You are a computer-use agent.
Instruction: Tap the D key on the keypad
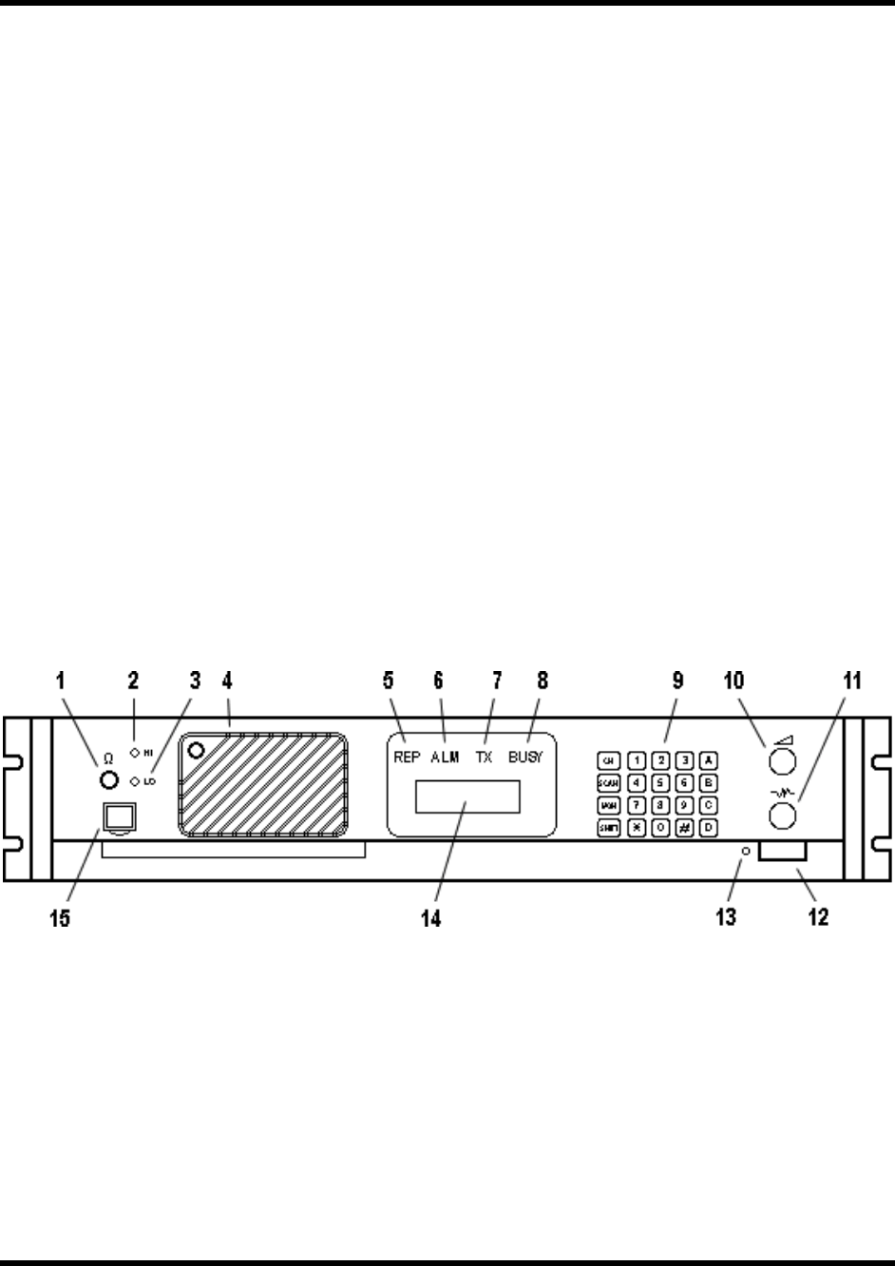(x=707, y=827)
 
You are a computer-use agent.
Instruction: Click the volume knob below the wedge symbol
(x=784, y=761)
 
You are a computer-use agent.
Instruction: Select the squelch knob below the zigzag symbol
(x=784, y=815)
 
